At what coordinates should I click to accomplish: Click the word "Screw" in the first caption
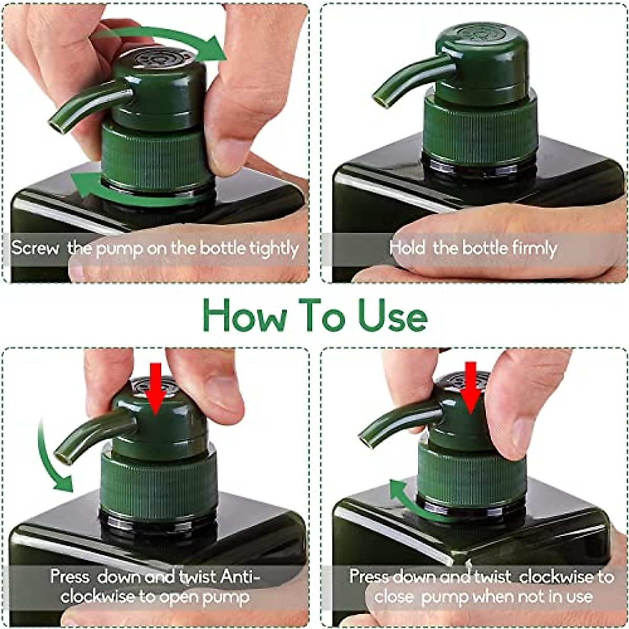click(35, 248)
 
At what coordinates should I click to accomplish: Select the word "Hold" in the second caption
click(407, 248)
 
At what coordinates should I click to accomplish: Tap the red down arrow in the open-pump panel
click(155, 388)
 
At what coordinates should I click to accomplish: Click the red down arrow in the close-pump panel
click(470, 387)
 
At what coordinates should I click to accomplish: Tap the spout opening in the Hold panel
click(379, 100)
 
